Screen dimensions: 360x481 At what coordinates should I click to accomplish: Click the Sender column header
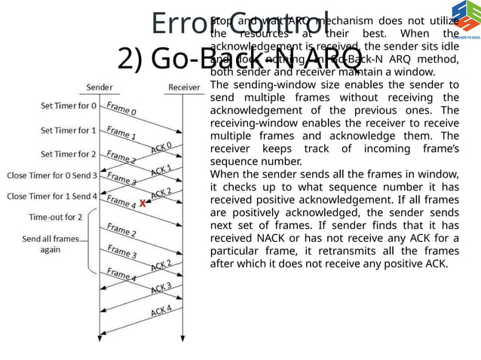100,87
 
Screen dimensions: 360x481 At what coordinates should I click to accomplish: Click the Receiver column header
184,87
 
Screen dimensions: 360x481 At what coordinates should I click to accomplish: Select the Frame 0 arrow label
121,109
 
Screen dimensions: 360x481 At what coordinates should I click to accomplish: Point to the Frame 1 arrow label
121,134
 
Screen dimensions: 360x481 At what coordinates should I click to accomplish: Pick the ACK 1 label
161,169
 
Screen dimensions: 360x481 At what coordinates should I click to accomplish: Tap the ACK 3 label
161,287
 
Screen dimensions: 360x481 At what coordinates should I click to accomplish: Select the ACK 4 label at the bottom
161,310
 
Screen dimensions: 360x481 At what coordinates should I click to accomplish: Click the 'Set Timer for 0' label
69,106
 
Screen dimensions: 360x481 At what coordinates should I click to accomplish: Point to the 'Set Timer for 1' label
69,130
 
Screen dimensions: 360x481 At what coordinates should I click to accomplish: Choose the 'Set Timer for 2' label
69,154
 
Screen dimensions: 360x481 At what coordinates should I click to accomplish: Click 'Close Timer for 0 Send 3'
52,175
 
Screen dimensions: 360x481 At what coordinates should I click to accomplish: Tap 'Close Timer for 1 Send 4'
52,197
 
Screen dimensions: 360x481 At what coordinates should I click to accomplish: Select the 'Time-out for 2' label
55,217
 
